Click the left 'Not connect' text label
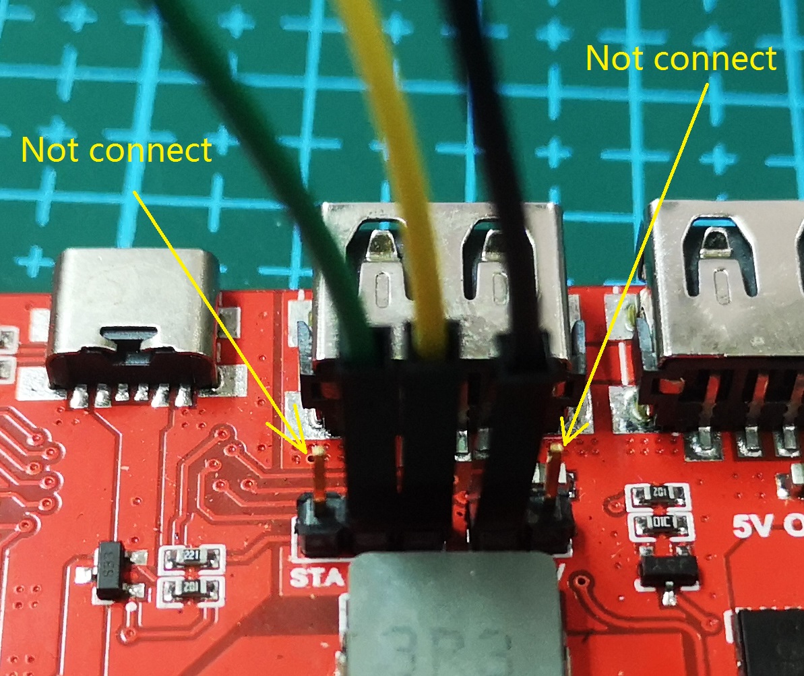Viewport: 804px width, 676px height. click(117, 150)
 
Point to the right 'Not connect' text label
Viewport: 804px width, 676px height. click(681, 59)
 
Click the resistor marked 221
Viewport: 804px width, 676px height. click(192, 557)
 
